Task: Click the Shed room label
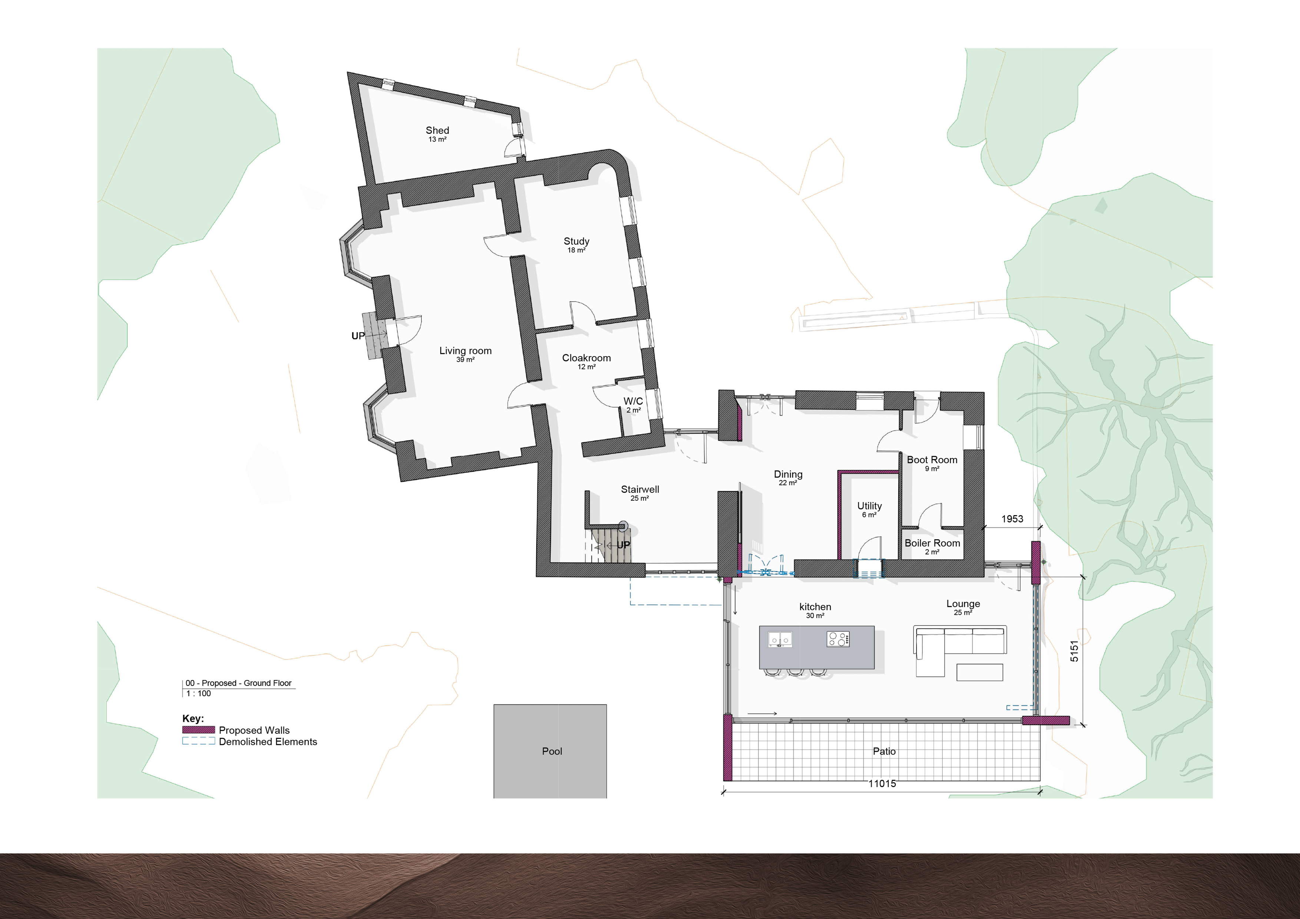click(437, 130)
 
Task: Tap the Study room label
click(576, 241)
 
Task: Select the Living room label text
click(465, 351)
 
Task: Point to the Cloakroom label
click(587, 358)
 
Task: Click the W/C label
click(633, 401)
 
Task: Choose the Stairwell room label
click(640, 489)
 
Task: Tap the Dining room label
click(788, 474)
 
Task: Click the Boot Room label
click(932, 460)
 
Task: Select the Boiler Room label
click(932, 543)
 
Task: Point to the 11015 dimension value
click(882, 784)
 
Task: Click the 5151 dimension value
click(1074, 651)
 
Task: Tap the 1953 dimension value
click(1012, 519)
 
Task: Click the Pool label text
click(552, 752)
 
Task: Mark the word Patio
click(884, 752)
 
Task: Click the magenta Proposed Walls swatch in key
click(198, 730)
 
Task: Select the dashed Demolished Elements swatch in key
click(198, 741)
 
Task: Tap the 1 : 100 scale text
click(198, 694)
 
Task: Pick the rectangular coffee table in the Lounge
click(979, 672)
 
